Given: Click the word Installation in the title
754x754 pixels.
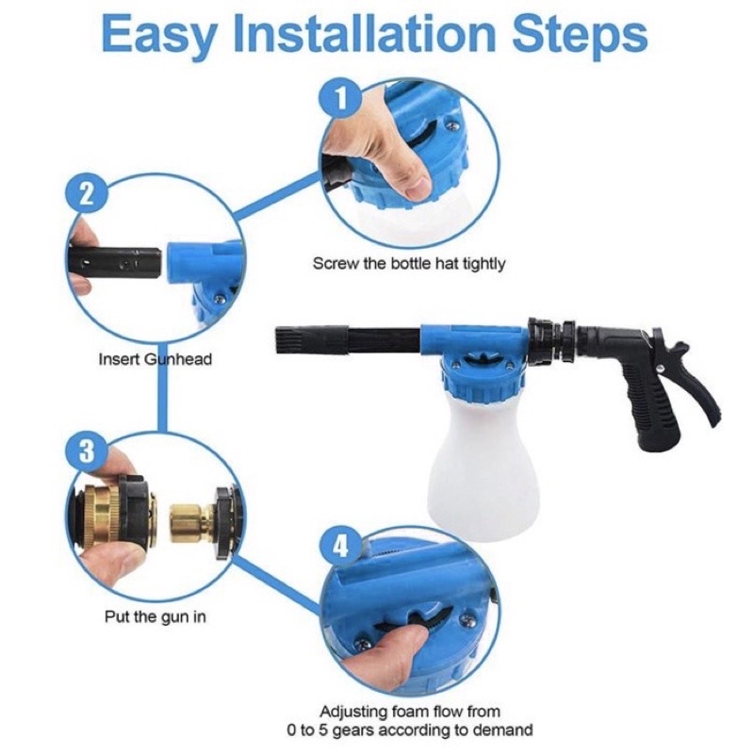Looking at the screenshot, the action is click(365, 35).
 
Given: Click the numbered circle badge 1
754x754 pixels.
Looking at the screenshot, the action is click(340, 99).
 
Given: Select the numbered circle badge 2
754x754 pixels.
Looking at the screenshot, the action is click(87, 196).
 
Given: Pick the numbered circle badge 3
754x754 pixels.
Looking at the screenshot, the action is click(87, 452).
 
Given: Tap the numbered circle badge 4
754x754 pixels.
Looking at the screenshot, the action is click(340, 547).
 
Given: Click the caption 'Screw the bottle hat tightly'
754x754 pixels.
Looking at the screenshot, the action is click(409, 264).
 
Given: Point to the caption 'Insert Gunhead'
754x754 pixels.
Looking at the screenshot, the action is click(155, 359).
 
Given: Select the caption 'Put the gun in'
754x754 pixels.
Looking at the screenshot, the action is click(156, 616).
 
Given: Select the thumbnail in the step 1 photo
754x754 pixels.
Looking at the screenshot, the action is click(418, 188).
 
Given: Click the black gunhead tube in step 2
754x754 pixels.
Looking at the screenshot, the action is click(114, 264).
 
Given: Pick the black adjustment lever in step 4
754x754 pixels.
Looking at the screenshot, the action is click(415, 620).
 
